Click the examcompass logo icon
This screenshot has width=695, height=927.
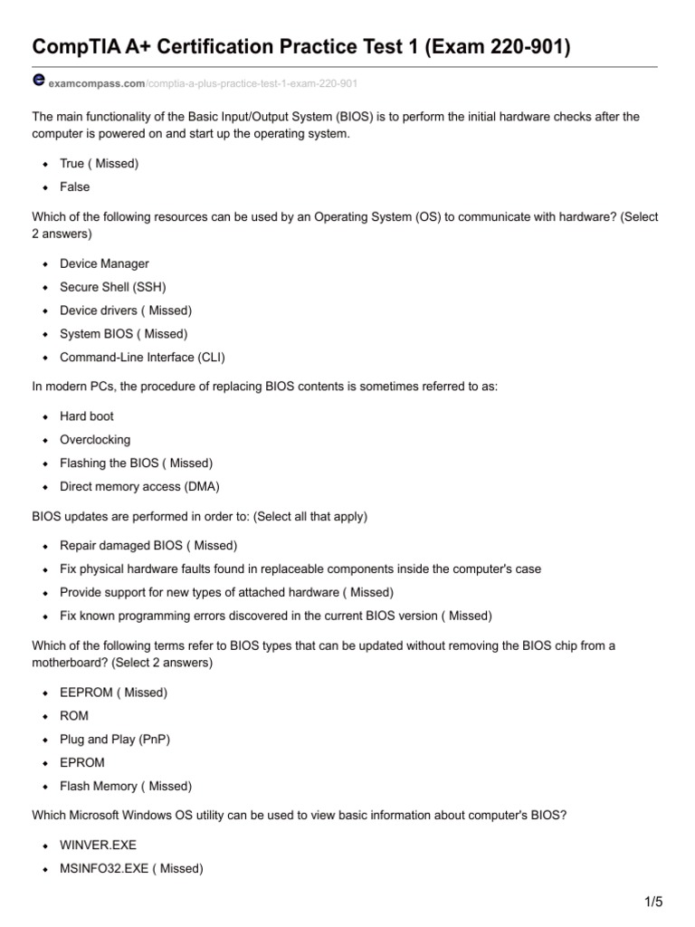(39, 80)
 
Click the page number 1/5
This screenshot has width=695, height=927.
(654, 901)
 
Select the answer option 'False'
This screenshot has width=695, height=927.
(75, 186)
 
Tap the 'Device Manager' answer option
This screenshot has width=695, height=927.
(104, 263)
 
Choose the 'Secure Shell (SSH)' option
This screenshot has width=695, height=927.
(113, 287)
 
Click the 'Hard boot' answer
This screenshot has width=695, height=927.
(87, 416)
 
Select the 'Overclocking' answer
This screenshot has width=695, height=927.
(95, 440)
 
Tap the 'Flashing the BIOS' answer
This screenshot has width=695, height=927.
(110, 463)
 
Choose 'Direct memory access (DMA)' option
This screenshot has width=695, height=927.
(139, 486)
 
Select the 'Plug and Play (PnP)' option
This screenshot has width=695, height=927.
(115, 739)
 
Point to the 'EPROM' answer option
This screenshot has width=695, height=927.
(82, 762)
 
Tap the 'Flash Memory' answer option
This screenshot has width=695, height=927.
(99, 786)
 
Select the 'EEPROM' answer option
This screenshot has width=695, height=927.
(87, 693)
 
